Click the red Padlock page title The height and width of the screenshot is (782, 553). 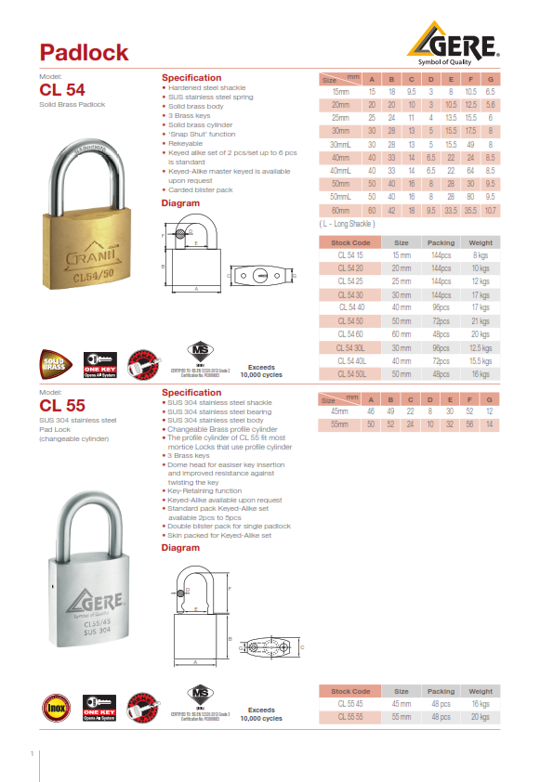[84, 52]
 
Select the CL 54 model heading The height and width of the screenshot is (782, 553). [62, 90]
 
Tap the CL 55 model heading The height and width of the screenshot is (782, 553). [62, 405]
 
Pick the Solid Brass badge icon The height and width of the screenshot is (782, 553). [57, 363]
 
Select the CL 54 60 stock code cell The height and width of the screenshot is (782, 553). [350, 332]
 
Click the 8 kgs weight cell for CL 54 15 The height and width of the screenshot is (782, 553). [481, 254]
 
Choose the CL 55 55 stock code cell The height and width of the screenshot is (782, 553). [350, 717]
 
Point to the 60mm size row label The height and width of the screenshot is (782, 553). [340, 211]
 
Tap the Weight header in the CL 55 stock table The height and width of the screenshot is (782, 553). [481, 692]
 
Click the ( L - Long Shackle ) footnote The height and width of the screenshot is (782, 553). [346, 224]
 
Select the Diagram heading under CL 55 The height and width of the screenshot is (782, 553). [180, 548]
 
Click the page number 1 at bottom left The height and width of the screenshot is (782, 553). [33, 753]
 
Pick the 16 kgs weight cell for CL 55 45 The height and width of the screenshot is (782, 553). [481, 704]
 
